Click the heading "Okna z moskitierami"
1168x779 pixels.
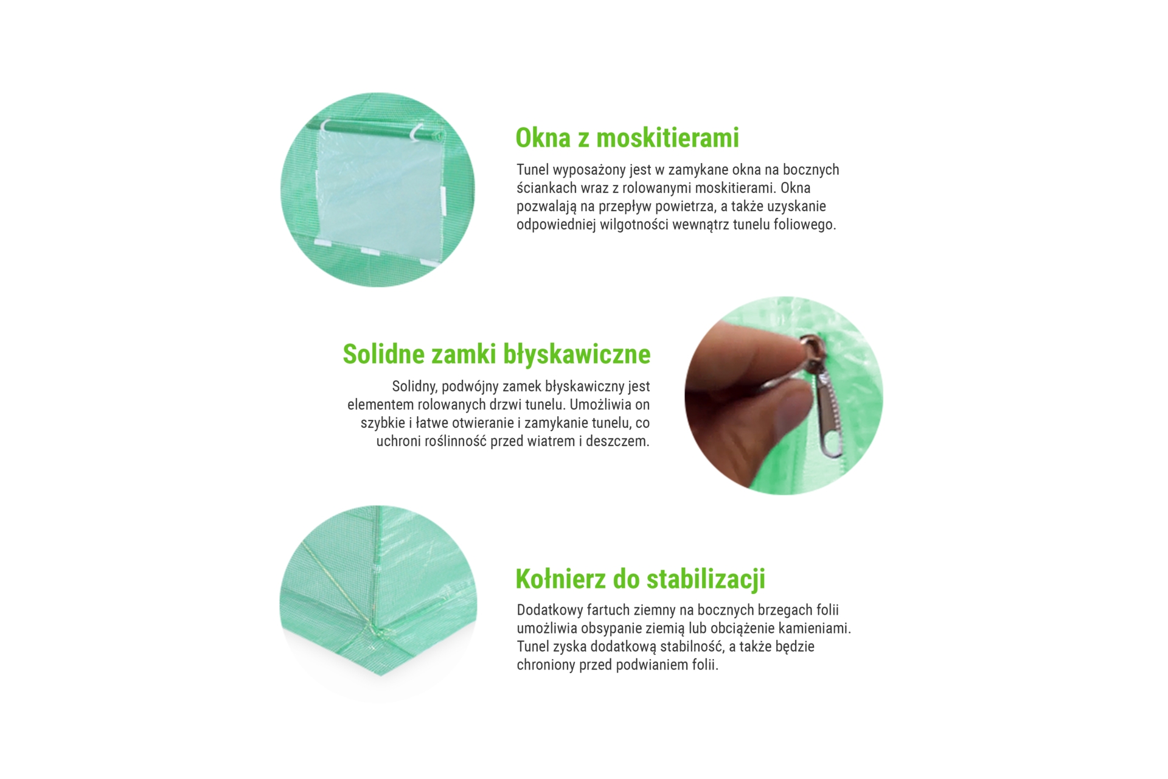pyautogui.click(x=627, y=138)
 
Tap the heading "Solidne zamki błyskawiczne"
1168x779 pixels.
pyautogui.click(x=496, y=354)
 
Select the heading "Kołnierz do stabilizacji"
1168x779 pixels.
pyautogui.click(x=640, y=579)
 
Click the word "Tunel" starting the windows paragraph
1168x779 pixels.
pyautogui.click(x=532, y=170)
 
